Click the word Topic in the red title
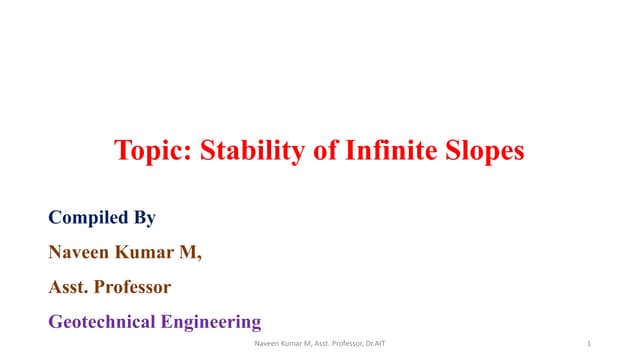150,153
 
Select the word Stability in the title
242,153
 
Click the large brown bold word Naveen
83,252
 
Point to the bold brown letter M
193,252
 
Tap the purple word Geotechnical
103,322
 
